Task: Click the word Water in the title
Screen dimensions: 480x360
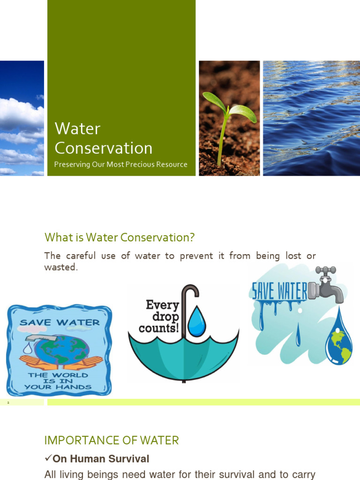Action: click(x=77, y=128)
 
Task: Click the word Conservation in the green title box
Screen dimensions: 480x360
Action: click(x=103, y=148)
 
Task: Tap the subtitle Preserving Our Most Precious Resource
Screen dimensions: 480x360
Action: click(x=120, y=165)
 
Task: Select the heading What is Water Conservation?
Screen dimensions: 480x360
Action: click(x=119, y=238)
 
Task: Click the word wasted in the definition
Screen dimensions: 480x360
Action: click(x=60, y=267)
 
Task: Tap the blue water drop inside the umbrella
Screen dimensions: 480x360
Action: click(x=196, y=322)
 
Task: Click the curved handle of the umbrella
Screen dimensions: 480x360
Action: click(x=190, y=293)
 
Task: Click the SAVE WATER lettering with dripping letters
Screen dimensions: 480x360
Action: click(x=279, y=291)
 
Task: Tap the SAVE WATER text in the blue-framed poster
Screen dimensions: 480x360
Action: click(x=60, y=322)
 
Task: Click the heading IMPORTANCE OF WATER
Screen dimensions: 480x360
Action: click(x=112, y=441)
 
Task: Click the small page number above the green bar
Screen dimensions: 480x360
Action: click(x=8, y=402)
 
